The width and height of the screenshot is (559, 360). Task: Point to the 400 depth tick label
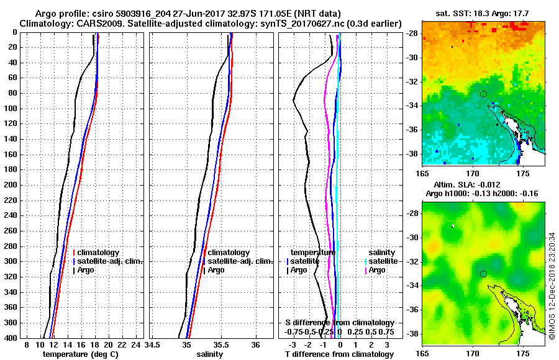(9, 338)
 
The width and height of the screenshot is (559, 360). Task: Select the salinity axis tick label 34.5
(153, 344)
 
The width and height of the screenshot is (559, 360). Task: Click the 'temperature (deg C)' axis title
(80, 354)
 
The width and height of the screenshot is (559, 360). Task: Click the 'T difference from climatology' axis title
(339, 354)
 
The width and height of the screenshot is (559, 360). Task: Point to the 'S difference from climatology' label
(339, 323)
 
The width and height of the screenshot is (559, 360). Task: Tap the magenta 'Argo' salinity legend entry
(377, 270)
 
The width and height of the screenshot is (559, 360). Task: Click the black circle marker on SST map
(483, 94)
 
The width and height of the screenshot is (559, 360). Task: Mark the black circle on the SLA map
(483, 274)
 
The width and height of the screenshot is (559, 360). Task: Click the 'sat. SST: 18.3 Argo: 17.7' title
(484, 12)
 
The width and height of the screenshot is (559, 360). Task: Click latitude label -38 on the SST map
(413, 153)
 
